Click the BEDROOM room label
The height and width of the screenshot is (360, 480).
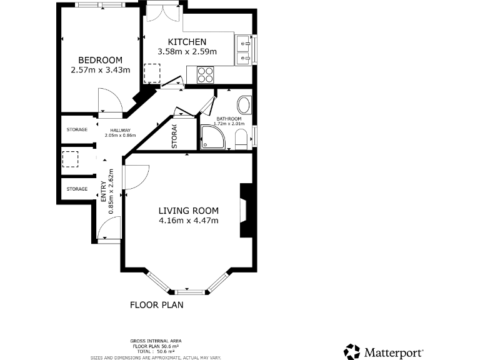101,60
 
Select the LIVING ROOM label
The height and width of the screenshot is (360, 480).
188,211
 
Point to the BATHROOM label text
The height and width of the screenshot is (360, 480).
229,119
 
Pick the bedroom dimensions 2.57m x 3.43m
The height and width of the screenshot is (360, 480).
101,70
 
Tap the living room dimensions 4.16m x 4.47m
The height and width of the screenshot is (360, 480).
188,221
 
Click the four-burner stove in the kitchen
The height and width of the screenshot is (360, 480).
205,75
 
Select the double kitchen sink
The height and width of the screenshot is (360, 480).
244,51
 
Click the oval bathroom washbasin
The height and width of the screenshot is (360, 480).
244,104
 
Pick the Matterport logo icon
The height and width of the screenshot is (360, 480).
352,352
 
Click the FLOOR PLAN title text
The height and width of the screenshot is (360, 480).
156,306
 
